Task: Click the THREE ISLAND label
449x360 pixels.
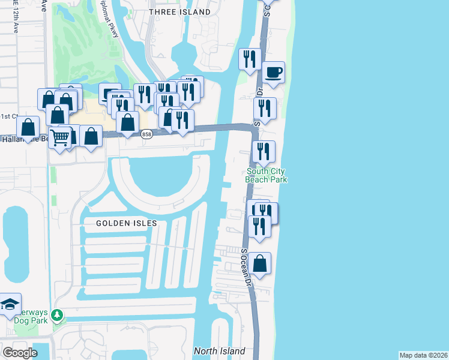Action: pos(179,12)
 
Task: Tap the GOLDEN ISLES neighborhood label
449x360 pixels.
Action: pos(127,223)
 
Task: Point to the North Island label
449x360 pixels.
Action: pos(219,351)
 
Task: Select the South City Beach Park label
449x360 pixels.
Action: pos(267,175)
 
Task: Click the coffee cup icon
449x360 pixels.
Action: pos(273,72)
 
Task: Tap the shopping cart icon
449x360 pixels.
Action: pos(59,137)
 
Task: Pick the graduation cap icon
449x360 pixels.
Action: pos(9,305)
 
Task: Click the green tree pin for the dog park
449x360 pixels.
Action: pos(57,314)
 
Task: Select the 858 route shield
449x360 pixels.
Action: pos(146,135)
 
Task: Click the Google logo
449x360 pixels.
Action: pos(20,353)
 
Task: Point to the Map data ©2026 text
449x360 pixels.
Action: pos(423,355)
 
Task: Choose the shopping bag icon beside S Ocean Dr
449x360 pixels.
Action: pos(259,263)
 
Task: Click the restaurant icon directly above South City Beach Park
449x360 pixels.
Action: pos(263,151)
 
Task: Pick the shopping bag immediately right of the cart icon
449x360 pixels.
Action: pos(91,136)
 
